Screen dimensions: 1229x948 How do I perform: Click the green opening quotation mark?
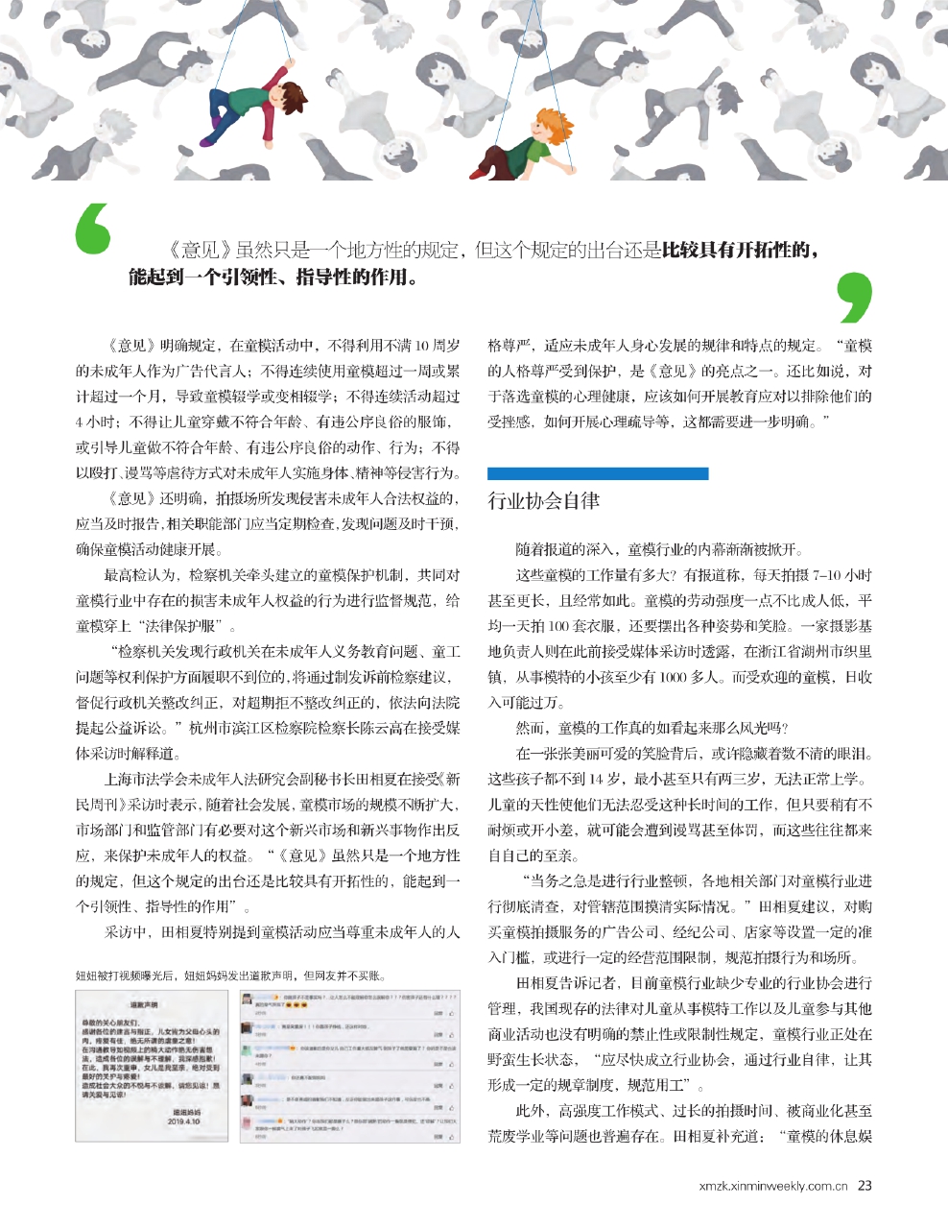coord(92,229)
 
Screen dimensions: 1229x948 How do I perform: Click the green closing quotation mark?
coord(855,297)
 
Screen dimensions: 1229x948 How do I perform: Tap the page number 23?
coord(865,1185)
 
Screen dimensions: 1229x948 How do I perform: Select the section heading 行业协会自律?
coord(544,500)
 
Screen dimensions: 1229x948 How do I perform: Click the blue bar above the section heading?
coord(597,473)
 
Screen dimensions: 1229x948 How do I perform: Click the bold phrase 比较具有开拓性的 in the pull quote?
coord(740,251)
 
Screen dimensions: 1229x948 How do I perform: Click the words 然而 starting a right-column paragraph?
coord(530,727)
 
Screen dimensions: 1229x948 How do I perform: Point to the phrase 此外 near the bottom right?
coord(530,1112)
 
